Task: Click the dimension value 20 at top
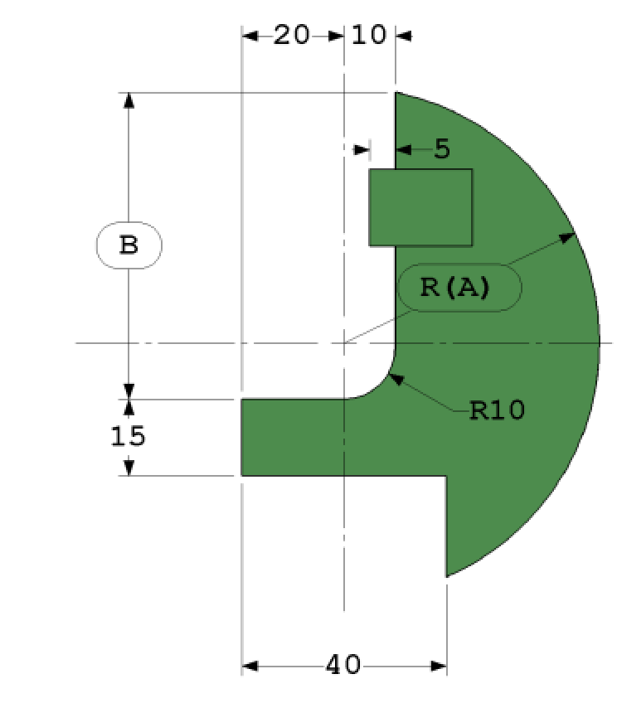click(x=291, y=36)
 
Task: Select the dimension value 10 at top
click(x=369, y=36)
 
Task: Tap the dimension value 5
click(x=441, y=149)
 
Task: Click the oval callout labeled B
click(x=129, y=246)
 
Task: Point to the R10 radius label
click(x=497, y=410)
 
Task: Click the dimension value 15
click(x=129, y=436)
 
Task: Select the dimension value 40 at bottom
click(x=343, y=665)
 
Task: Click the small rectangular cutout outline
click(x=420, y=207)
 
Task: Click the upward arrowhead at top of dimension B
click(x=129, y=99)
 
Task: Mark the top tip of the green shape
click(x=396, y=93)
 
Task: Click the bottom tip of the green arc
click(x=447, y=576)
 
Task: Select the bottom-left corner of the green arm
click(x=242, y=475)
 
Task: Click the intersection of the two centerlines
click(x=344, y=342)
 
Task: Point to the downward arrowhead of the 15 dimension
click(x=129, y=468)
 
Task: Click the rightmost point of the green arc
click(x=599, y=342)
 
